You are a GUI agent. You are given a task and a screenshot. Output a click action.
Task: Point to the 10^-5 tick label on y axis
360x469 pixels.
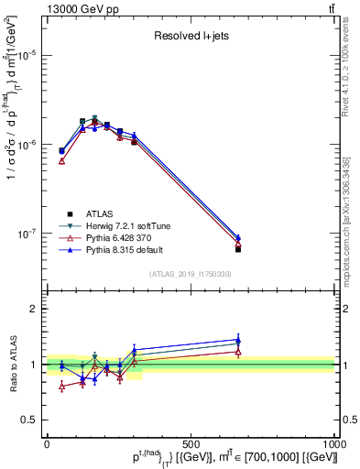pyautogui.click(x=27, y=55)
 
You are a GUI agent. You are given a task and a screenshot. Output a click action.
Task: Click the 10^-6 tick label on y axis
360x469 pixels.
pyautogui.click(x=27, y=145)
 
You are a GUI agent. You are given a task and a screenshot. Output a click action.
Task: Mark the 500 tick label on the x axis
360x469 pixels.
pyautogui.click(x=191, y=443)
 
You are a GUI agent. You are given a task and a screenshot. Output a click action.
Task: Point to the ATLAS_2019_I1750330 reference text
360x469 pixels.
pyautogui.click(x=191, y=274)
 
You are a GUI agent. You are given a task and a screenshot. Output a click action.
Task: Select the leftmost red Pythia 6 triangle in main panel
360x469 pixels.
pyautogui.click(x=61, y=161)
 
